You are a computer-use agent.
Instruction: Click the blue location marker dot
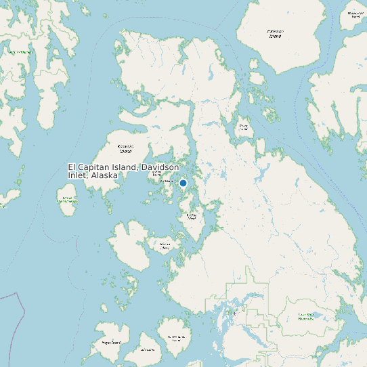click(183, 183)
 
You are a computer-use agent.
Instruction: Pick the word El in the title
click(72, 167)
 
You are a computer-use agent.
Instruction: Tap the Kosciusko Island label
click(125, 148)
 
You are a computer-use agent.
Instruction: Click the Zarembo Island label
click(275, 33)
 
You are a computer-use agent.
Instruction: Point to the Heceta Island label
click(165, 246)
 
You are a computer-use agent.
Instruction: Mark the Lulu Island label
click(148, 351)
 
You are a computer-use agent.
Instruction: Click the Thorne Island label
click(244, 127)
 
